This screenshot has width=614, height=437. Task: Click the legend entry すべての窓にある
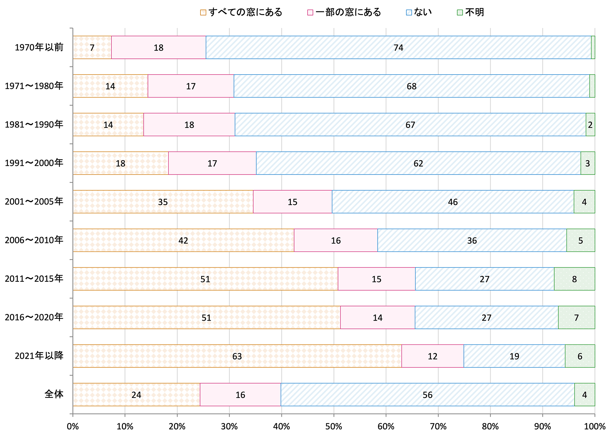tap(241, 12)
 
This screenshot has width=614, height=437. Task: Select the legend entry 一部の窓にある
tap(344, 12)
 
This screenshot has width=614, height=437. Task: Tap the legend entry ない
tap(419, 12)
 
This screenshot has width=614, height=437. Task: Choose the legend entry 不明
tap(471, 12)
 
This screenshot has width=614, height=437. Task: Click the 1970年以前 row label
tap(39, 47)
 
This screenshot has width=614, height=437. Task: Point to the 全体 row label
tap(54, 394)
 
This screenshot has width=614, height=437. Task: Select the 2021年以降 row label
tap(39, 356)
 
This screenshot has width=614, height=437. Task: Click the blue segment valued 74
tap(398, 47)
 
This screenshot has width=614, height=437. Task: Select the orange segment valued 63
tap(237, 356)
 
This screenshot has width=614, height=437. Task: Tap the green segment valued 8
tap(574, 279)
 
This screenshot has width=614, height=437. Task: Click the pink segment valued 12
tap(433, 356)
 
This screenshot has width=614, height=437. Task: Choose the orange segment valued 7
tap(92, 47)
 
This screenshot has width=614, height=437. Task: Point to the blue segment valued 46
tap(453, 202)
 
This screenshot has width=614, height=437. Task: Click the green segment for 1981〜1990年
tap(590, 125)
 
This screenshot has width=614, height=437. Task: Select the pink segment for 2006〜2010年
tap(336, 240)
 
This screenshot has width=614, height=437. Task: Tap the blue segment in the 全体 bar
tap(428, 395)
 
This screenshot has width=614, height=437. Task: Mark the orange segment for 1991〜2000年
tap(121, 163)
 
